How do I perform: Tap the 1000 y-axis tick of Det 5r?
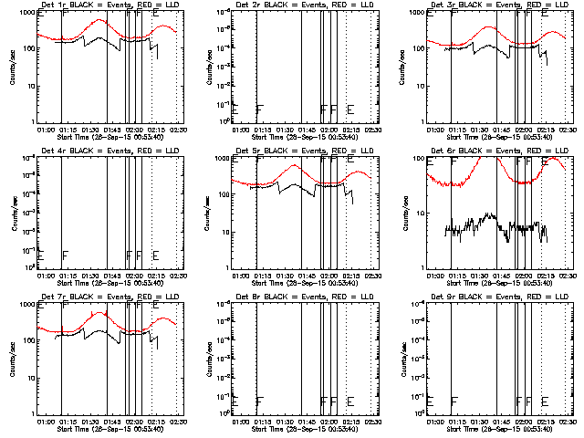click(x=221, y=159)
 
